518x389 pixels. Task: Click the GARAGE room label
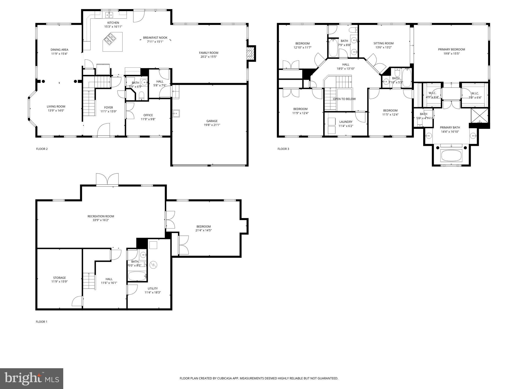(x=212, y=121)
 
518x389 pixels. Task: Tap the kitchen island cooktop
(x=110, y=38)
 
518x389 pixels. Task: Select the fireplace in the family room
(x=251, y=53)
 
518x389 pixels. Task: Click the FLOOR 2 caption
(x=42, y=149)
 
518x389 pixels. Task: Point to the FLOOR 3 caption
(x=283, y=149)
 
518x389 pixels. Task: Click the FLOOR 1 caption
(x=41, y=322)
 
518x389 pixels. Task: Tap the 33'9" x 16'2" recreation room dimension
(x=101, y=220)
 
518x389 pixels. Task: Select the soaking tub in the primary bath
(x=451, y=155)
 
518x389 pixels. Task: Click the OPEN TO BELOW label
(x=344, y=99)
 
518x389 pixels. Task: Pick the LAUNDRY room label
(x=346, y=122)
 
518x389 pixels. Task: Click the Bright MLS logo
(x=32, y=378)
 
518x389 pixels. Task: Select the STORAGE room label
(x=59, y=278)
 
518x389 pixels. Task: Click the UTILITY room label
(x=153, y=288)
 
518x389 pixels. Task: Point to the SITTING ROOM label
(x=383, y=43)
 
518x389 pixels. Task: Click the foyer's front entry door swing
(x=103, y=130)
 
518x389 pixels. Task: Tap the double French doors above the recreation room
(x=107, y=179)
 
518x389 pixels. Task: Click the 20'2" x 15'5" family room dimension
(x=208, y=57)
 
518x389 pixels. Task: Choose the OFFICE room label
(x=148, y=115)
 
